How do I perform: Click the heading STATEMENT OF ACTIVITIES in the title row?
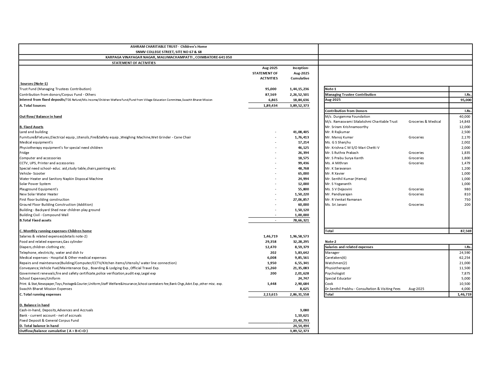click(x=134, y=63)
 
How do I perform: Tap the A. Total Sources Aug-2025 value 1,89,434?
click(x=270, y=106)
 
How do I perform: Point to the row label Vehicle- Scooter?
click(x=33, y=173)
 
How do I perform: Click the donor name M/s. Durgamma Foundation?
click(x=347, y=117)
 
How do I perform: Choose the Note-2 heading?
click(x=331, y=242)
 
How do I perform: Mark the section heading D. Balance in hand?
click(x=34, y=305)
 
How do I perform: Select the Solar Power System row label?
click(x=35, y=184)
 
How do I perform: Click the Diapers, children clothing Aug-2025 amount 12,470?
click(x=271, y=247)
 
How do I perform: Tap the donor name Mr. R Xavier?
click(x=335, y=173)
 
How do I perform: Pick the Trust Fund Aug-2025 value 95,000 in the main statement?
click(x=271, y=89)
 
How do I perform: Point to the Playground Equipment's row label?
click(x=39, y=189)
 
